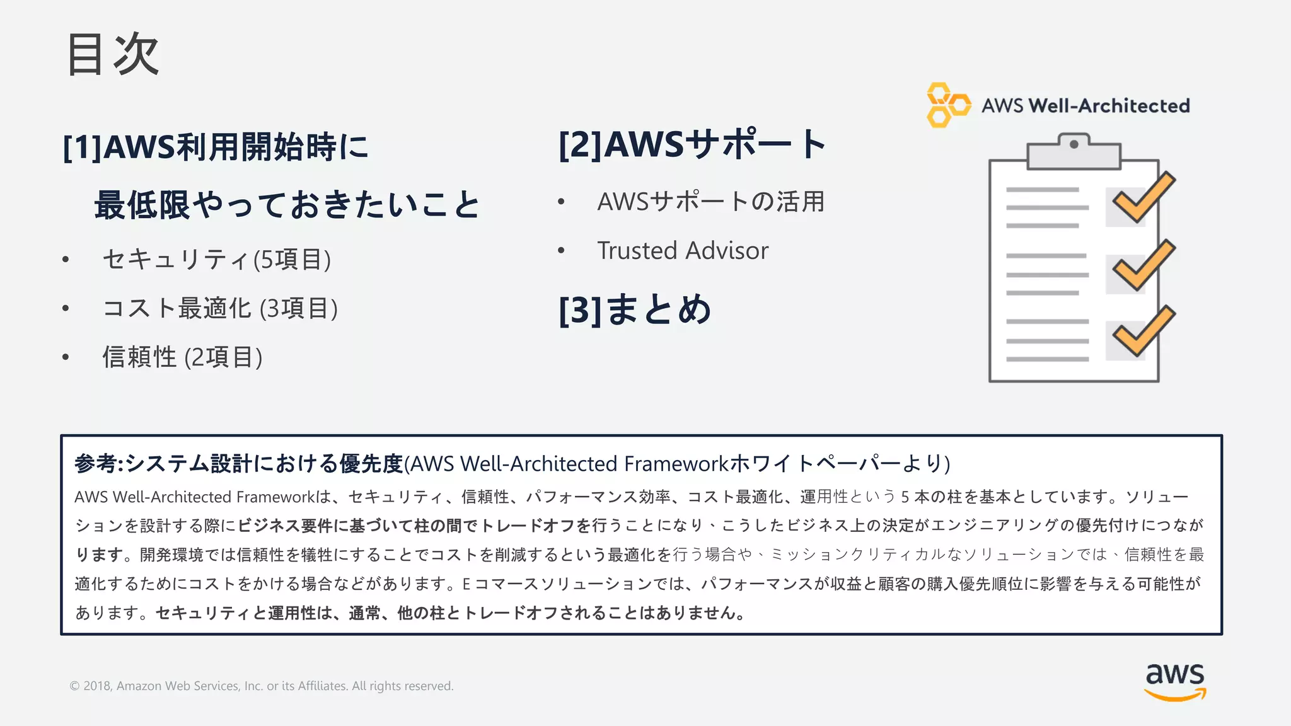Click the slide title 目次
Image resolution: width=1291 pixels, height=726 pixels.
(113, 55)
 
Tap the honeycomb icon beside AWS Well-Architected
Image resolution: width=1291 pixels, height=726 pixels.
(947, 105)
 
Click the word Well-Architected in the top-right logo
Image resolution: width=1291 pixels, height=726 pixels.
(1109, 105)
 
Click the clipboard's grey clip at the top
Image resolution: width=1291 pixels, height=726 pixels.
(1074, 152)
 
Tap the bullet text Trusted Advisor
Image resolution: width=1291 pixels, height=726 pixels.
(683, 251)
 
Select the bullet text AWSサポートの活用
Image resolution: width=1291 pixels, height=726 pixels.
(710, 202)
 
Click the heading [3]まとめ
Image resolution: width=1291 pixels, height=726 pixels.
(635, 309)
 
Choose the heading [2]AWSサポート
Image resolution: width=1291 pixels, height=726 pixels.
(692, 144)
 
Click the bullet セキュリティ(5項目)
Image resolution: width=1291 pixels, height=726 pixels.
(216, 259)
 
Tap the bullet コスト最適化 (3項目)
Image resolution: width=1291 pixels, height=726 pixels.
(220, 308)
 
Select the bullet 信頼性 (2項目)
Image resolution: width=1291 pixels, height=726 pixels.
(182, 357)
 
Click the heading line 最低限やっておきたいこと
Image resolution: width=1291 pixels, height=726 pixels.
(287, 205)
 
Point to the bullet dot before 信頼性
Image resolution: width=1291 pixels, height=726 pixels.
(66, 357)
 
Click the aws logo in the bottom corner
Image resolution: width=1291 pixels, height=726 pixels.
(1174, 681)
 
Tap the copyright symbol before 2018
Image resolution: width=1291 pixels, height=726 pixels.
(74, 686)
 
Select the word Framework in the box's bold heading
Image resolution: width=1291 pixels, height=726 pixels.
(676, 464)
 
